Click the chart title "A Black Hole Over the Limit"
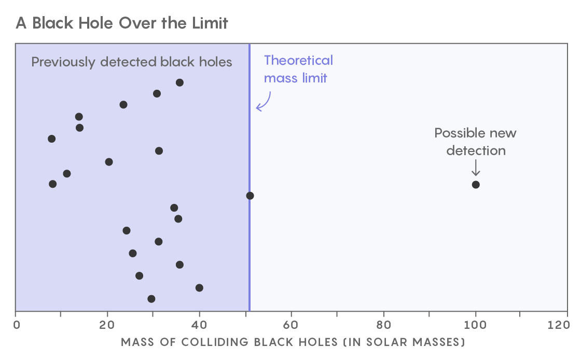[x=122, y=23]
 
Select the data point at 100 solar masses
[x=476, y=185]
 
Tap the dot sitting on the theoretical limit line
[x=250, y=196]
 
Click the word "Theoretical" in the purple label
[x=298, y=61]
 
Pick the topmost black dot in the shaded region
[x=179, y=82]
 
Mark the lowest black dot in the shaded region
[x=151, y=299]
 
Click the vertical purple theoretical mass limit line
[x=250, y=249]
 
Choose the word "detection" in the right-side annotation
[x=476, y=150]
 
